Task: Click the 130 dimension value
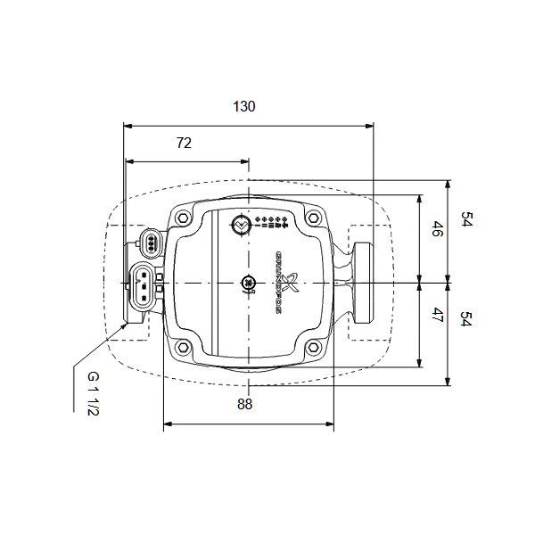[244, 106]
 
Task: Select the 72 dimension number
[184, 143]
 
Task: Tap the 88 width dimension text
[245, 404]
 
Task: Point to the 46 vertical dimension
[437, 229]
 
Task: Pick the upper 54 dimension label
[465, 220]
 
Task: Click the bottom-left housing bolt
[183, 347]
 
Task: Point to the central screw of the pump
[248, 284]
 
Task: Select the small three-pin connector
[152, 242]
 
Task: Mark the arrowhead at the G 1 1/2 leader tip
[126, 327]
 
